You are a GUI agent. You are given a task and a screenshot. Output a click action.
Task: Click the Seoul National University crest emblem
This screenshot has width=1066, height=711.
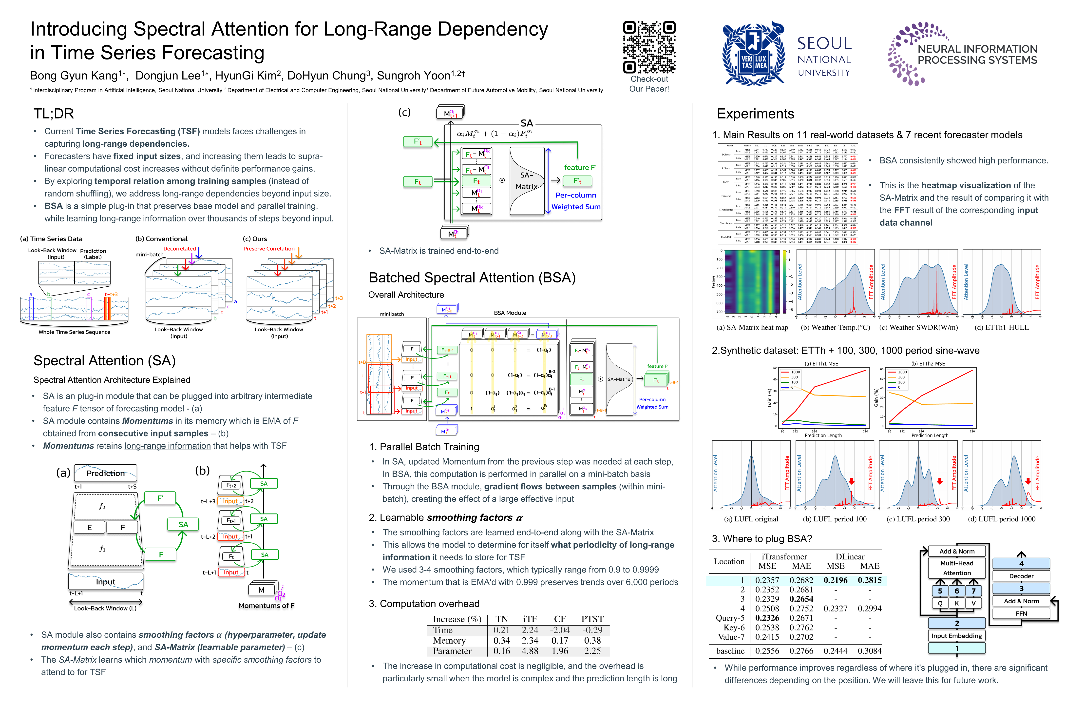753,54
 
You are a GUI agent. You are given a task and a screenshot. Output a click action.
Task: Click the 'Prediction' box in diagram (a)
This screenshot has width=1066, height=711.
106,473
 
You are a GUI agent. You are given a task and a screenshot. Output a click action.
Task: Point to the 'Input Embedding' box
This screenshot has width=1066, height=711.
956,636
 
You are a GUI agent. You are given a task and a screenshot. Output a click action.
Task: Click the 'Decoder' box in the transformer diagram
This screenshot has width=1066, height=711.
1021,576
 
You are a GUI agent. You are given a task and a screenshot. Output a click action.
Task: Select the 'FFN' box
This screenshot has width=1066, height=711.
1021,613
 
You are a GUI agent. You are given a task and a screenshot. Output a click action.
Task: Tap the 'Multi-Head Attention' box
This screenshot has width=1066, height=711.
957,568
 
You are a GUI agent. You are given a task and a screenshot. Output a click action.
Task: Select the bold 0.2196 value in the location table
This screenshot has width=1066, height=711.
835,580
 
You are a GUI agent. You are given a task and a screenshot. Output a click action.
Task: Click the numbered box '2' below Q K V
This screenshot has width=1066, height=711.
957,623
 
